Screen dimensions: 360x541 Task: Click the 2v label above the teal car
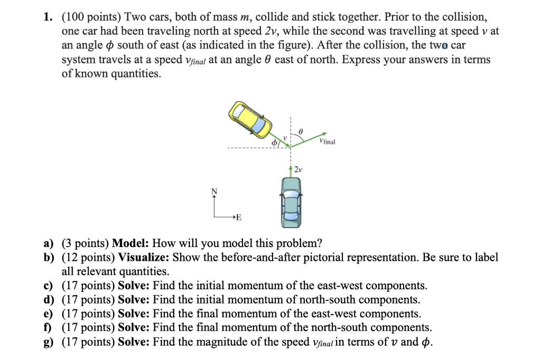click(299, 169)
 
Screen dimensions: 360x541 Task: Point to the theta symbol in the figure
click(301, 129)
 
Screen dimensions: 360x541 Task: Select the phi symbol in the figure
click(274, 143)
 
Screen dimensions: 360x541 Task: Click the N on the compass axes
click(214, 191)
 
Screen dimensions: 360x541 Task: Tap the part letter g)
click(49, 342)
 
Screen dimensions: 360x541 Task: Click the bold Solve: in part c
click(134, 286)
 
